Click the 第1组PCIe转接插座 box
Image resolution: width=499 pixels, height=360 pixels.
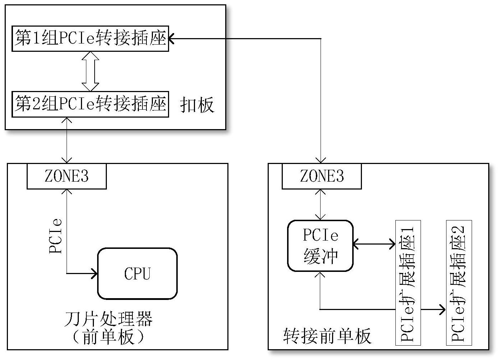[90, 38]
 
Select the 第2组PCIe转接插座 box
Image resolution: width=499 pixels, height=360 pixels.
[90, 104]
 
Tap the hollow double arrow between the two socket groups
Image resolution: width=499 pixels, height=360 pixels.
[90, 71]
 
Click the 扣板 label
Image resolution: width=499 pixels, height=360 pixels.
[197, 105]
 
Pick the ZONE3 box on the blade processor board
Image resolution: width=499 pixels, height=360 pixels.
[67, 176]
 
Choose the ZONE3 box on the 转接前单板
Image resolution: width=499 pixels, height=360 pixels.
[322, 176]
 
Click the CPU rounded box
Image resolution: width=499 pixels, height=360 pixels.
[137, 274]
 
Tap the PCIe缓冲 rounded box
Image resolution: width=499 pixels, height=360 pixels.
[320, 246]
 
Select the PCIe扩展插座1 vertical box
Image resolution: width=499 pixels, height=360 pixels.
[408, 283]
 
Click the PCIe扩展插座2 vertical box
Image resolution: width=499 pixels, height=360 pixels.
[459, 283]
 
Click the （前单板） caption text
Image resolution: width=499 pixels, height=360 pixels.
[108, 337]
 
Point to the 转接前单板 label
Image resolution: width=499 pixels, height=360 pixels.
[327, 336]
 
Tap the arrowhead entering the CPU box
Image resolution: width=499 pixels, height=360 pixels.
[95, 274]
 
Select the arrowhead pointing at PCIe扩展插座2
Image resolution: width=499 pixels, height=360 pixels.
[443, 309]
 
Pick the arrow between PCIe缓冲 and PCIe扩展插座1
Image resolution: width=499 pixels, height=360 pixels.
[374, 245]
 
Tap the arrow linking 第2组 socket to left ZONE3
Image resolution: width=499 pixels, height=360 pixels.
[67, 140]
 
